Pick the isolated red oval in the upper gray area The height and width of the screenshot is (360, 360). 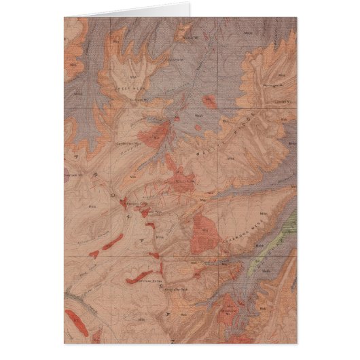[210, 103]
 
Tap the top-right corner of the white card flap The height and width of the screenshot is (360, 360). [190, 3]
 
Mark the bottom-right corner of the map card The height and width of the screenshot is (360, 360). [296, 342]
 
